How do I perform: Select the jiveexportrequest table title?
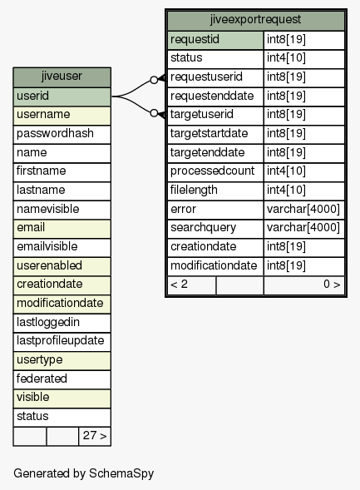click(x=256, y=20)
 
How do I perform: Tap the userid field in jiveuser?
click(x=62, y=97)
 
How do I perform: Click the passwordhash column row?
click(x=62, y=135)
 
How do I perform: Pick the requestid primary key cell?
click(x=215, y=40)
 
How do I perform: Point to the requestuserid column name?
click(x=206, y=77)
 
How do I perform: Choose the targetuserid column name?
click(x=202, y=114)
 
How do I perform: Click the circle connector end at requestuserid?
click(x=154, y=80)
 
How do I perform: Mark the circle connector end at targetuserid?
click(x=154, y=113)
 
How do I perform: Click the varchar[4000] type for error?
click(x=303, y=209)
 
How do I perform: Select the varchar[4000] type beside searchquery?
click(x=303, y=228)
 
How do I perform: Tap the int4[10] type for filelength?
click(x=286, y=190)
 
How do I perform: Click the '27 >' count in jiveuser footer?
click(x=95, y=436)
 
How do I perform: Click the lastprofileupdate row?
click(x=62, y=342)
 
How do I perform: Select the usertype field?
click(x=62, y=360)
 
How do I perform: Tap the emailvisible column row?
click(x=62, y=247)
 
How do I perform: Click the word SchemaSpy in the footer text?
click(x=121, y=474)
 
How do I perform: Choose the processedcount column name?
click(x=212, y=171)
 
